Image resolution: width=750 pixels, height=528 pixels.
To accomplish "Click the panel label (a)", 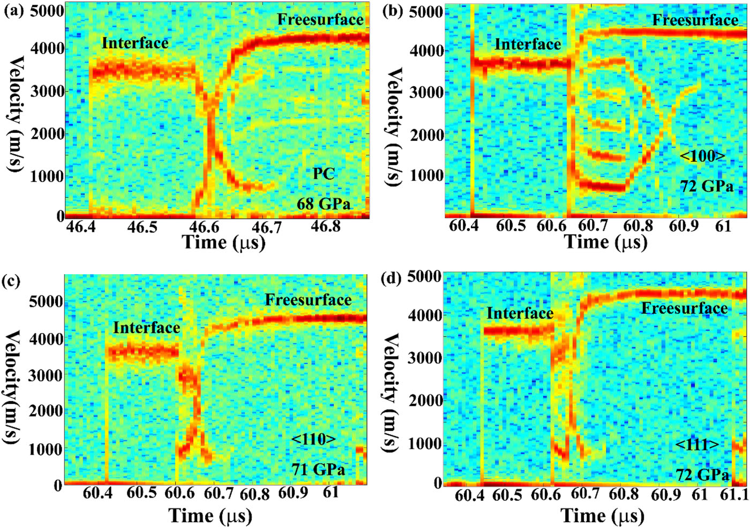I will (14, 11).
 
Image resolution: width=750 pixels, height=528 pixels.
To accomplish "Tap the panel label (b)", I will (393, 11).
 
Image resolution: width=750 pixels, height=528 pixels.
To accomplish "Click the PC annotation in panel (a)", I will (324, 174).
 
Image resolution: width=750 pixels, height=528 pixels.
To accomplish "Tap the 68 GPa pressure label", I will (324, 204).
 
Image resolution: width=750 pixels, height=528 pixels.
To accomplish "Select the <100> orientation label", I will (702, 156).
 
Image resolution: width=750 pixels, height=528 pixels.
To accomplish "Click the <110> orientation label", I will (314, 439).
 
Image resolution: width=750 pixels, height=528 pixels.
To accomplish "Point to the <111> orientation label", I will (697, 445).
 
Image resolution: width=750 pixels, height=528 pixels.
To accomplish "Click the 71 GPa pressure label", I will (318, 469).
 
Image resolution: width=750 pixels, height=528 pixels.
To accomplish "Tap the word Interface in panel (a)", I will (135, 43).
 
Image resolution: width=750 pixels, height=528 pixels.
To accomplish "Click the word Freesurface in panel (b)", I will (695, 20).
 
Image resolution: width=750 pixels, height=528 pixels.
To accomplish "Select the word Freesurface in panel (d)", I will (684, 308).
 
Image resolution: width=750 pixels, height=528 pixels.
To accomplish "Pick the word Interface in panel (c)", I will (146, 327).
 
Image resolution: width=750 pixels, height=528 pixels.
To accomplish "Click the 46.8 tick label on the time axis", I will (326, 227).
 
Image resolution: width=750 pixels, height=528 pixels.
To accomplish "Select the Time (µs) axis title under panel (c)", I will (211, 516).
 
